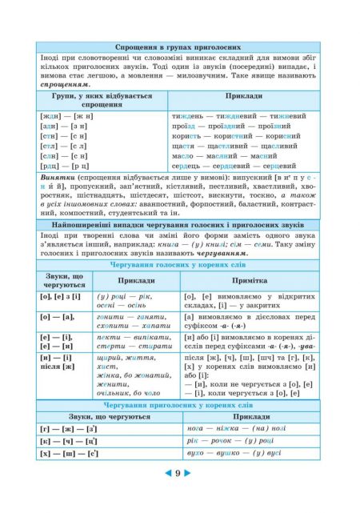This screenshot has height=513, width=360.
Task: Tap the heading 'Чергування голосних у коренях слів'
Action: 180,263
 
